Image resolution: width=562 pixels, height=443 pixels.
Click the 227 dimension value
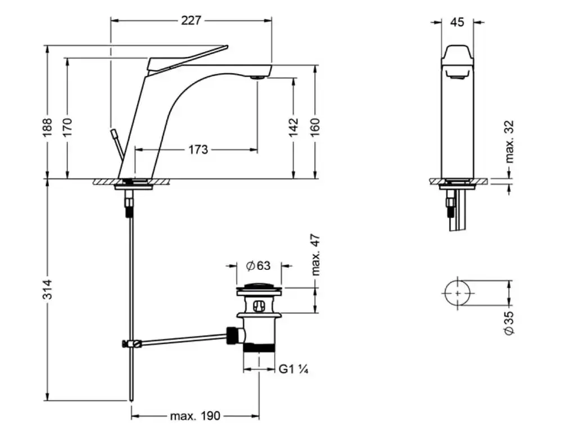[x=191, y=21]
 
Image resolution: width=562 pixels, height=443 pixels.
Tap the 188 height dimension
[x=47, y=126]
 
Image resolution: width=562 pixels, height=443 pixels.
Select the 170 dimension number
[x=67, y=126]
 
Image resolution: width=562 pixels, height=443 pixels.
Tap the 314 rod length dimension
[x=47, y=290]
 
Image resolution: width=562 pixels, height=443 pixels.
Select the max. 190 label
[x=195, y=417]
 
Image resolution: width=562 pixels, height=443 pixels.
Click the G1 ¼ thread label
[x=294, y=369]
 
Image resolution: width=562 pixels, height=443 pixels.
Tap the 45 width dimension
[x=457, y=22]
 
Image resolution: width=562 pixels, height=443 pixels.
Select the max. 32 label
[x=510, y=142]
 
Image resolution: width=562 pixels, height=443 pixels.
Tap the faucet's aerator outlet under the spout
[x=257, y=77]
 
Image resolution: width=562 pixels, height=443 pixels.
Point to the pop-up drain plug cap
[x=259, y=288]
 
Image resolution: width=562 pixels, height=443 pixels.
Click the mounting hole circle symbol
[x=457, y=293]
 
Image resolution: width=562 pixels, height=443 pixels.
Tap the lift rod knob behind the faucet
[x=115, y=134]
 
